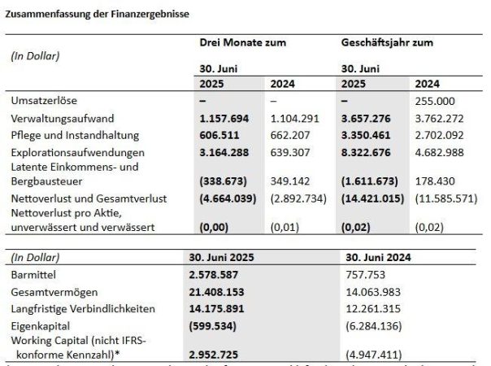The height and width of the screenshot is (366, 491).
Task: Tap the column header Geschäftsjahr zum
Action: tap(386, 41)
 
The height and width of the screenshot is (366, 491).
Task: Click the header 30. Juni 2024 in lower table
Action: tap(378, 256)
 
